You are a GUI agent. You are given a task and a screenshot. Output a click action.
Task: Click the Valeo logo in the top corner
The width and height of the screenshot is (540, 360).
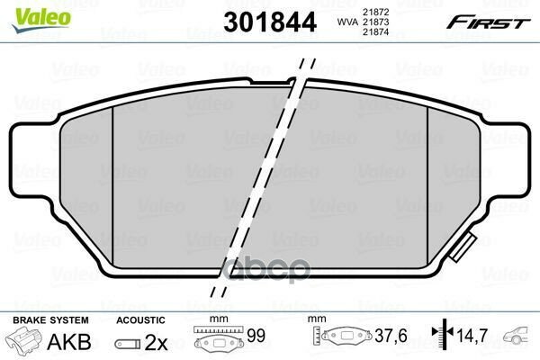(41, 19)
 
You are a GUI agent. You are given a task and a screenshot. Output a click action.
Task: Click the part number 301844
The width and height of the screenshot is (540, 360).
(270, 22)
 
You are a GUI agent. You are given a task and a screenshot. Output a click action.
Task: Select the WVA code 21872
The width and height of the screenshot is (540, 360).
(375, 12)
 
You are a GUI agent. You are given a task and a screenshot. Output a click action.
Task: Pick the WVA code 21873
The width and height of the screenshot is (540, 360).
(375, 22)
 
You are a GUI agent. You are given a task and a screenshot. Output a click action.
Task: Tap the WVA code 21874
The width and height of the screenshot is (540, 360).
(375, 32)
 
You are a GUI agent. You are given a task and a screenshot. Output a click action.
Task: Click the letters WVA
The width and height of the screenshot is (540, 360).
(347, 22)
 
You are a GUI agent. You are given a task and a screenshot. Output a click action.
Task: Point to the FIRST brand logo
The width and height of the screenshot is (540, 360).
(488, 22)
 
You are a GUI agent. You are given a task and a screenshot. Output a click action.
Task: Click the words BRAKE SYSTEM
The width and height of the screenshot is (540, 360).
(50, 320)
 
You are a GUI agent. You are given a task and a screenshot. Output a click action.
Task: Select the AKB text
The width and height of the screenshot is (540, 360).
(69, 341)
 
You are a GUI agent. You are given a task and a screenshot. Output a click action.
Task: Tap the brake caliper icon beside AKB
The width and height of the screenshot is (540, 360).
(23, 339)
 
